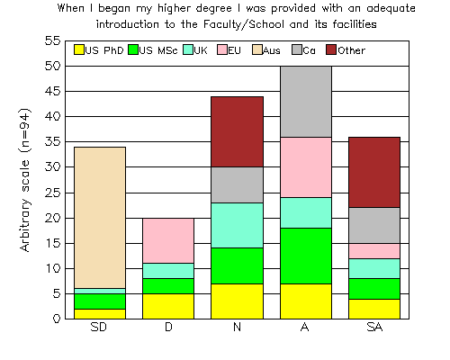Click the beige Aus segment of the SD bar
pyautogui.click(x=100, y=218)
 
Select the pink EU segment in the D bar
pyautogui.click(x=168, y=241)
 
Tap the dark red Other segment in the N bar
pyautogui.click(x=237, y=131)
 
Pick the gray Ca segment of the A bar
pyautogui.click(x=306, y=102)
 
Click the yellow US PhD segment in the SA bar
pyautogui.click(x=374, y=309)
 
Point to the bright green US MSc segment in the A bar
pyautogui.click(x=306, y=256)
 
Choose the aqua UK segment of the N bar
pyautogui.click(x=237, y=226)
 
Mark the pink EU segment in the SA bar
pyautogui.click(x=374, y=251)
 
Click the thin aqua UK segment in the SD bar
pyautogui.click(x=100, y=292)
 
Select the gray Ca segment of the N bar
pyautogui.click(x=237, y=184)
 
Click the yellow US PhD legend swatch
pyautogui.click(x=79, y=49)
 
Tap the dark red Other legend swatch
pyautogui.click(x=331, y=49)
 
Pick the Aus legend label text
pyautogui.click(x=272, y=50)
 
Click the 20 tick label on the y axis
pyautogui.click(x=53, y=218)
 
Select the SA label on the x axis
pyautogui.click(x=374, y=327)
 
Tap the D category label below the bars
pyautogui.click(x=168, y=327)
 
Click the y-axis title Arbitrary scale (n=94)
pyautogui.click(x=25, y=180)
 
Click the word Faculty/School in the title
pyautogui.click(x=243, y=24)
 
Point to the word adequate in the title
pyautogui.click(x=391, y=9)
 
